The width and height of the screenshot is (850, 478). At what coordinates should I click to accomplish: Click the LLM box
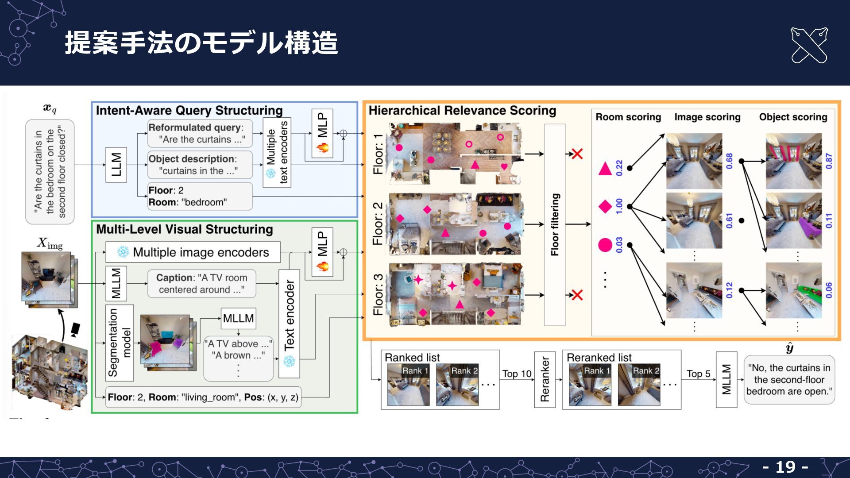click(116, 165)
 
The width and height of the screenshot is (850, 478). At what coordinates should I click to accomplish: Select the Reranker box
click(545, 379)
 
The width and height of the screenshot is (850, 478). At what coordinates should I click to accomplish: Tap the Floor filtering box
click(555, 224)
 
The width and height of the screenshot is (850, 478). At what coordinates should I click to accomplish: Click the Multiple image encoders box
click(193, 252)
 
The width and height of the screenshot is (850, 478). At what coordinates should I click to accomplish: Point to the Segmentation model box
click(120, 343)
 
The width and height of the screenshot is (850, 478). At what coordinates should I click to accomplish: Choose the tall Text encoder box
click(289, 324)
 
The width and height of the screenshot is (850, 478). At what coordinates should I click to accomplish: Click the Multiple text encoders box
click(277, 152)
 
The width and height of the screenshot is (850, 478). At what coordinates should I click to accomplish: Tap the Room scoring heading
click(628, 117)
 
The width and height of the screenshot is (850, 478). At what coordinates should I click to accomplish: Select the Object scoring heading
click(793, 117)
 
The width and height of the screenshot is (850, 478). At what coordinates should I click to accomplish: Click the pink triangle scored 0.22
click(605, 169)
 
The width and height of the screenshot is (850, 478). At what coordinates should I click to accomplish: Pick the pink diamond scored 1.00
click(605, 206)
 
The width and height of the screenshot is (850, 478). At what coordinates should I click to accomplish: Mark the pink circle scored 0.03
click(605, 245)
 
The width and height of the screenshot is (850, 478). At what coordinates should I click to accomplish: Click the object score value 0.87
click(829, 161)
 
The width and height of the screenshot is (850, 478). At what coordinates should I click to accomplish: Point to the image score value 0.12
click(729, 290)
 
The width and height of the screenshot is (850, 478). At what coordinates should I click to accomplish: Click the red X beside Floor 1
click(577, 154)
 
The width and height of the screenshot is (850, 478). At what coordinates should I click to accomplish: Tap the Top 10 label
click(517, 374)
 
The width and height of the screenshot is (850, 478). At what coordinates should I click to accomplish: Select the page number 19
click(785, 467)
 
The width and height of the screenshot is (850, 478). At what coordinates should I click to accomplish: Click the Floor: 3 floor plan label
click(378, 294)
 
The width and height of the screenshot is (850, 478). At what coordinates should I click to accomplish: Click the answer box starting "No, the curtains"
click(789, 380)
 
